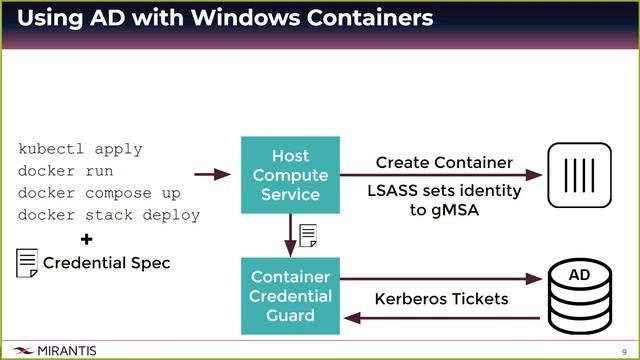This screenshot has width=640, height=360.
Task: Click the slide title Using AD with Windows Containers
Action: click(x=225, y=19)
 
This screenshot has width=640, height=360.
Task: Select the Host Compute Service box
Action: click(x=290, y=175)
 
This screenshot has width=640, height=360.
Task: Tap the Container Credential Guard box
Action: click(x=290, y=295)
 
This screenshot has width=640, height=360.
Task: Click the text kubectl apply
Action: click(x=80, y=149)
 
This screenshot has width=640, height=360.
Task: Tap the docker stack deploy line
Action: click(x=109, y=215)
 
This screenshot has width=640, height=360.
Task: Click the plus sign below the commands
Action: click(x=86, y=240)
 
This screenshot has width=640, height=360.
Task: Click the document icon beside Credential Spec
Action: click(x=27, y=263)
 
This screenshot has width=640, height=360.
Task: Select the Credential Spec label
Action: click(x=107, y=264)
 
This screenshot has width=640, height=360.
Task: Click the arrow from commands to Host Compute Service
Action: click(x=212, y=175)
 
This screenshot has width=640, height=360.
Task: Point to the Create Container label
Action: click(x=444, y=162)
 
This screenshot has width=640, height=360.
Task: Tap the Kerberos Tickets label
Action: click(x=441, y=299)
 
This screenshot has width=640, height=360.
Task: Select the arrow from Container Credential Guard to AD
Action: click(x=440, y=280)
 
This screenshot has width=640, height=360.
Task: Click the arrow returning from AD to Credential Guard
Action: click(x=440, y=318)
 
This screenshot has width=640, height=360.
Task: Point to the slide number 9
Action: click(x=623, y=351)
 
